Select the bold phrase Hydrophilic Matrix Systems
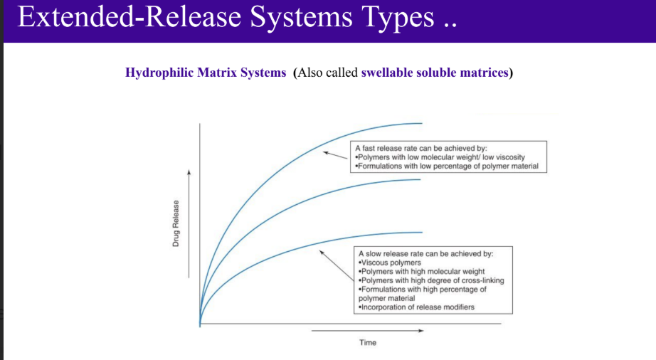coord(205,73)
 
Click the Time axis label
coord(368,343)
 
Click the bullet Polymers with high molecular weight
coord(422,271)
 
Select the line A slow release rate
coord(425,253)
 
